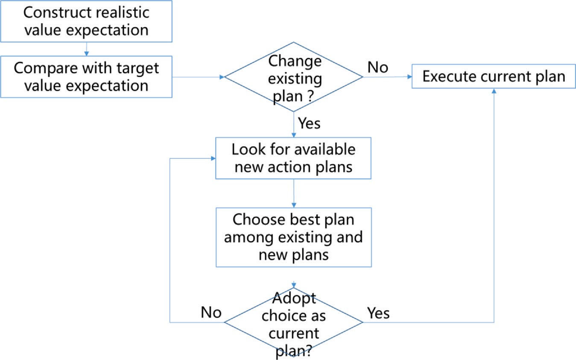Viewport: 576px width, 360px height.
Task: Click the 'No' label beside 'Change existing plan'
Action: pos(378,67)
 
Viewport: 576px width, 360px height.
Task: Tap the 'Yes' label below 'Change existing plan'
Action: pos(309,123)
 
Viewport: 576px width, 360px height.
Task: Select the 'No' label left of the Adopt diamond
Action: pos(211,313)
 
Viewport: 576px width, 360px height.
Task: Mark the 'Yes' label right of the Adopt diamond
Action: pos(378,313)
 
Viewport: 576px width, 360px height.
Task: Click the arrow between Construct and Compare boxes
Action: pos(86,49)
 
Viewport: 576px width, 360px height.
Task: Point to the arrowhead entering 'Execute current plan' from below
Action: pos(494,91)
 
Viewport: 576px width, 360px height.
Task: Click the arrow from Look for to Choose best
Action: pos(294,193)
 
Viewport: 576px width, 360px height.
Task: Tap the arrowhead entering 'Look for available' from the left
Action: pos(213,158)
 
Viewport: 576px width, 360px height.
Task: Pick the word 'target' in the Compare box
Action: pos(137,69)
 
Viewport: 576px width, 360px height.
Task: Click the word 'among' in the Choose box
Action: pos(249,238)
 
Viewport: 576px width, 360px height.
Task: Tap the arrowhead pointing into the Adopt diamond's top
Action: pos(294,285)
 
